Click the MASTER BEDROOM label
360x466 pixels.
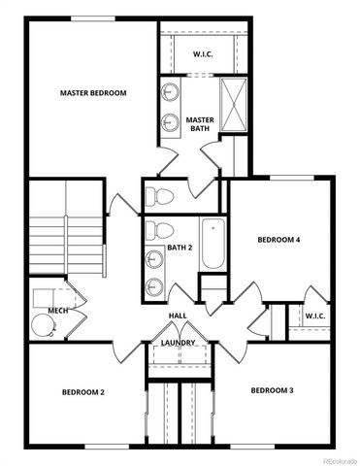coord(94,93)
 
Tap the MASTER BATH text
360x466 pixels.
coord(200,121)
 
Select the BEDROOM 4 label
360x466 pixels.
coord(278,239)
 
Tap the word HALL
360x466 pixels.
coord(178,316)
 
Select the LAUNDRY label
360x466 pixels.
coord(179,342)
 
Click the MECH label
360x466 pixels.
coord(57,311)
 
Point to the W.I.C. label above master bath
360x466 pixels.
coord(203,54)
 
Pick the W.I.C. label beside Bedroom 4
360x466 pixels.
coord(314,316)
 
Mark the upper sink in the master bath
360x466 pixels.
coord(171,93)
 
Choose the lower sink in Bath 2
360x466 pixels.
coord(156,285)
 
